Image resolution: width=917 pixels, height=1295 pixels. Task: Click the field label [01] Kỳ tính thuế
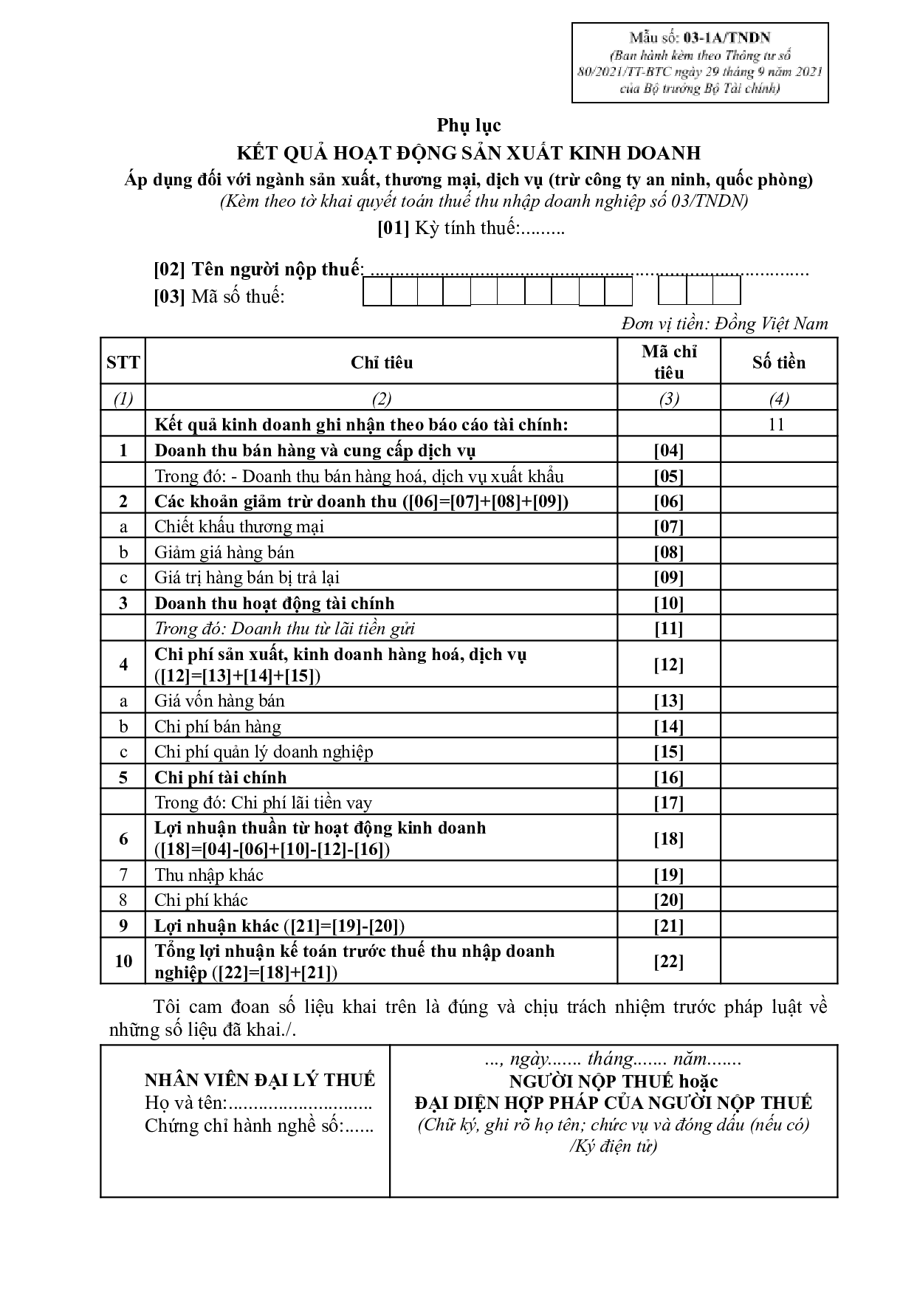tap(470, 228)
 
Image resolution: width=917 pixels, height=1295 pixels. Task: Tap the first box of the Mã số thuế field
tap(377, 294)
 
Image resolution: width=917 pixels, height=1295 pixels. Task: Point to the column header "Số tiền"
tap(778, 363)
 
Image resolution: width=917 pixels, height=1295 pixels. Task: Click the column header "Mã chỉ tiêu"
tap(668, 362)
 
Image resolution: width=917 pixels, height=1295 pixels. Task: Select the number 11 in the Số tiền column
tap(776, 424)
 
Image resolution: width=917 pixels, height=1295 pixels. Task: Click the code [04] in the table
tap(668, 450)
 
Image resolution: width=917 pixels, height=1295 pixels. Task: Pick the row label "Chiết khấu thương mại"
tap(239, 526)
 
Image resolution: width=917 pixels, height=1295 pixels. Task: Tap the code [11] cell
tap(668, 629)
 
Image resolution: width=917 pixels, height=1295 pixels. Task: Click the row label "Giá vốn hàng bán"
tap(219, 701)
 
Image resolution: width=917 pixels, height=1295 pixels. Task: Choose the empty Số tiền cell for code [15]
tap(778, 752)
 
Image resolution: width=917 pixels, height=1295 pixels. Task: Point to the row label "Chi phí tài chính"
tap(220, 777)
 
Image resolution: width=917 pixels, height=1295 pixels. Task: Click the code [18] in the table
tap(668, 839)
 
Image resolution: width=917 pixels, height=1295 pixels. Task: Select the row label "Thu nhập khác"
tap(209, 875)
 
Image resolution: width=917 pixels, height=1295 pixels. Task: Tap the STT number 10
tap(123, 961)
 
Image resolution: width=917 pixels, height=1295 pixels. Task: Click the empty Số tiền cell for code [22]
tap(778, 961)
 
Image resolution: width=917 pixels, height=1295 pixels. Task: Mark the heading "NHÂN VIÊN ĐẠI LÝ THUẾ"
tap(260, 1080)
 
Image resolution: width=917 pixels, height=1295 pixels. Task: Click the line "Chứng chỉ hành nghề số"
tap(258, 1126)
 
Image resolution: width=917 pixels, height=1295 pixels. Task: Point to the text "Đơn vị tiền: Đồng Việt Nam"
tap(724, 323)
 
